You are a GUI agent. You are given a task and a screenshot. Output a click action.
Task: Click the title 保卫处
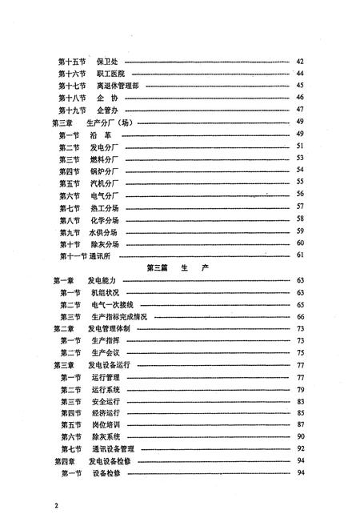coord(107,61)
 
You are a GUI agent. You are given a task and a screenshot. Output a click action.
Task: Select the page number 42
coord(300,61)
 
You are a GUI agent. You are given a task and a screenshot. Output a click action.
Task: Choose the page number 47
coord(300,109)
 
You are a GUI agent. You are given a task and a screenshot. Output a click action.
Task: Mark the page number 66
coord(300,316)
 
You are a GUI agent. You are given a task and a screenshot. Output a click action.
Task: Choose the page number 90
coord(300,438)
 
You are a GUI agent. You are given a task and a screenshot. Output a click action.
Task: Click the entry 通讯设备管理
coord(118,450)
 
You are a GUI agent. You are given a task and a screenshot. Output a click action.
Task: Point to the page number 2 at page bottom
coord(57,506)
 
